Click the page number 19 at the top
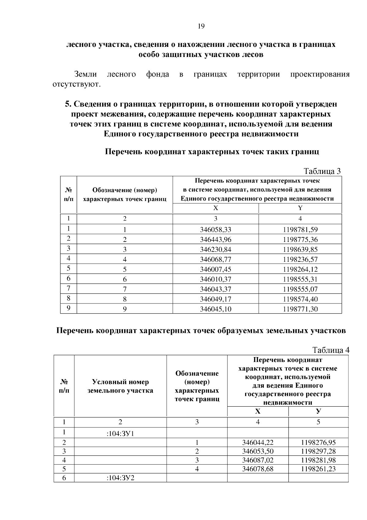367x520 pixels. [201, 26]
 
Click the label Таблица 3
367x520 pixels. [322, 171]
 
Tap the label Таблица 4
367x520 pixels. [331, 350]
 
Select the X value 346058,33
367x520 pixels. [216, 229]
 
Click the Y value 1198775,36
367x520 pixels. [300, 239]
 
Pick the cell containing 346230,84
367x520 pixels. [216, 250]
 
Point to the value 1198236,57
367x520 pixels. [300, 259]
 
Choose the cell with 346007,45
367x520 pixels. [216, 269]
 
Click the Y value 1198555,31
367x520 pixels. [300, 279]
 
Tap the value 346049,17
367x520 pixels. [216, 299]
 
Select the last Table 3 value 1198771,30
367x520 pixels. [300, 309]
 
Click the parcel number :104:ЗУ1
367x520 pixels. [120, 433]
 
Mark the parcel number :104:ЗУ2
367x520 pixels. [120, 478]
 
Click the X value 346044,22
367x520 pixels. [258, 442]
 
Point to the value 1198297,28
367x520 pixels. [318, 451]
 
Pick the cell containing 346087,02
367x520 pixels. [258, 460]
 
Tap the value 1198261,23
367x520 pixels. [318, 469]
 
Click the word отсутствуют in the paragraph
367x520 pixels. [76, 84]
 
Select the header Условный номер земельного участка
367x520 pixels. [120, 386]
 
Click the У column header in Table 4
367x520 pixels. [318, 411]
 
